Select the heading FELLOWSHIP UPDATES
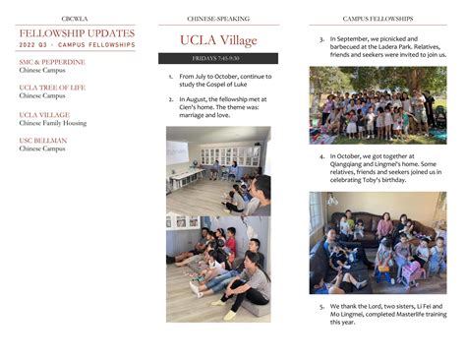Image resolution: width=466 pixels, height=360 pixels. [77, 33]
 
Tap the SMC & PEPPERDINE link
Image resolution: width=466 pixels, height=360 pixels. [51, 62]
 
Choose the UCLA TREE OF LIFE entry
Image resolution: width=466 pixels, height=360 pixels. [52, 88]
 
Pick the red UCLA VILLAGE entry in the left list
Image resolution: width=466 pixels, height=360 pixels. [44, 115]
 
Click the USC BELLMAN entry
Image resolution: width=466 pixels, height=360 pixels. [43, 141]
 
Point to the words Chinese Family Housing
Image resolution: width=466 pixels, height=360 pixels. [57, 123]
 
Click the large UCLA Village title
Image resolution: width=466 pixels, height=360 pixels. [217, 40]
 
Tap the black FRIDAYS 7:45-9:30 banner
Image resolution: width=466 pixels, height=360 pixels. [218, 59]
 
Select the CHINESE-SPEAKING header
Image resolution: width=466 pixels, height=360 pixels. [217, 19]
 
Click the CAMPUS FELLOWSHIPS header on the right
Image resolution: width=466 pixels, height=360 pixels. [378, 19]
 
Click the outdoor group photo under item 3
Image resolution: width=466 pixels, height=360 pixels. [378, 105]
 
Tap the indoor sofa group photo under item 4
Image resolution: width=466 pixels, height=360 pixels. [378, 242]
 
